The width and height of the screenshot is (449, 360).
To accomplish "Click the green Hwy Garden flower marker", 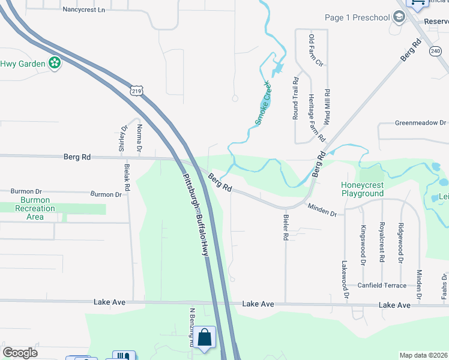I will point(55,62).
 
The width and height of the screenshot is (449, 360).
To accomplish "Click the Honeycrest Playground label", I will point(362,189).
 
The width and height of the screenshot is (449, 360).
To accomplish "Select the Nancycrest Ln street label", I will point(83,10).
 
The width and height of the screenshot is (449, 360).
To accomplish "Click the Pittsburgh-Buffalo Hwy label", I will point(194,214).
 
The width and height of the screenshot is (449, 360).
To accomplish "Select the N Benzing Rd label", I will point(193,328).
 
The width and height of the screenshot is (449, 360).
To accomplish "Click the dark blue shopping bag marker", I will point(205,338).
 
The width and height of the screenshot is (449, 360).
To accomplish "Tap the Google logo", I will point(20,353).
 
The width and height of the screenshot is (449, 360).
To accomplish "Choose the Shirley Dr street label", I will point(124,137).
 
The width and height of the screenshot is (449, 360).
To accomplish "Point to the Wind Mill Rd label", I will point(327,107).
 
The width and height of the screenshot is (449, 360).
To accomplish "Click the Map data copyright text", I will point(423,355).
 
